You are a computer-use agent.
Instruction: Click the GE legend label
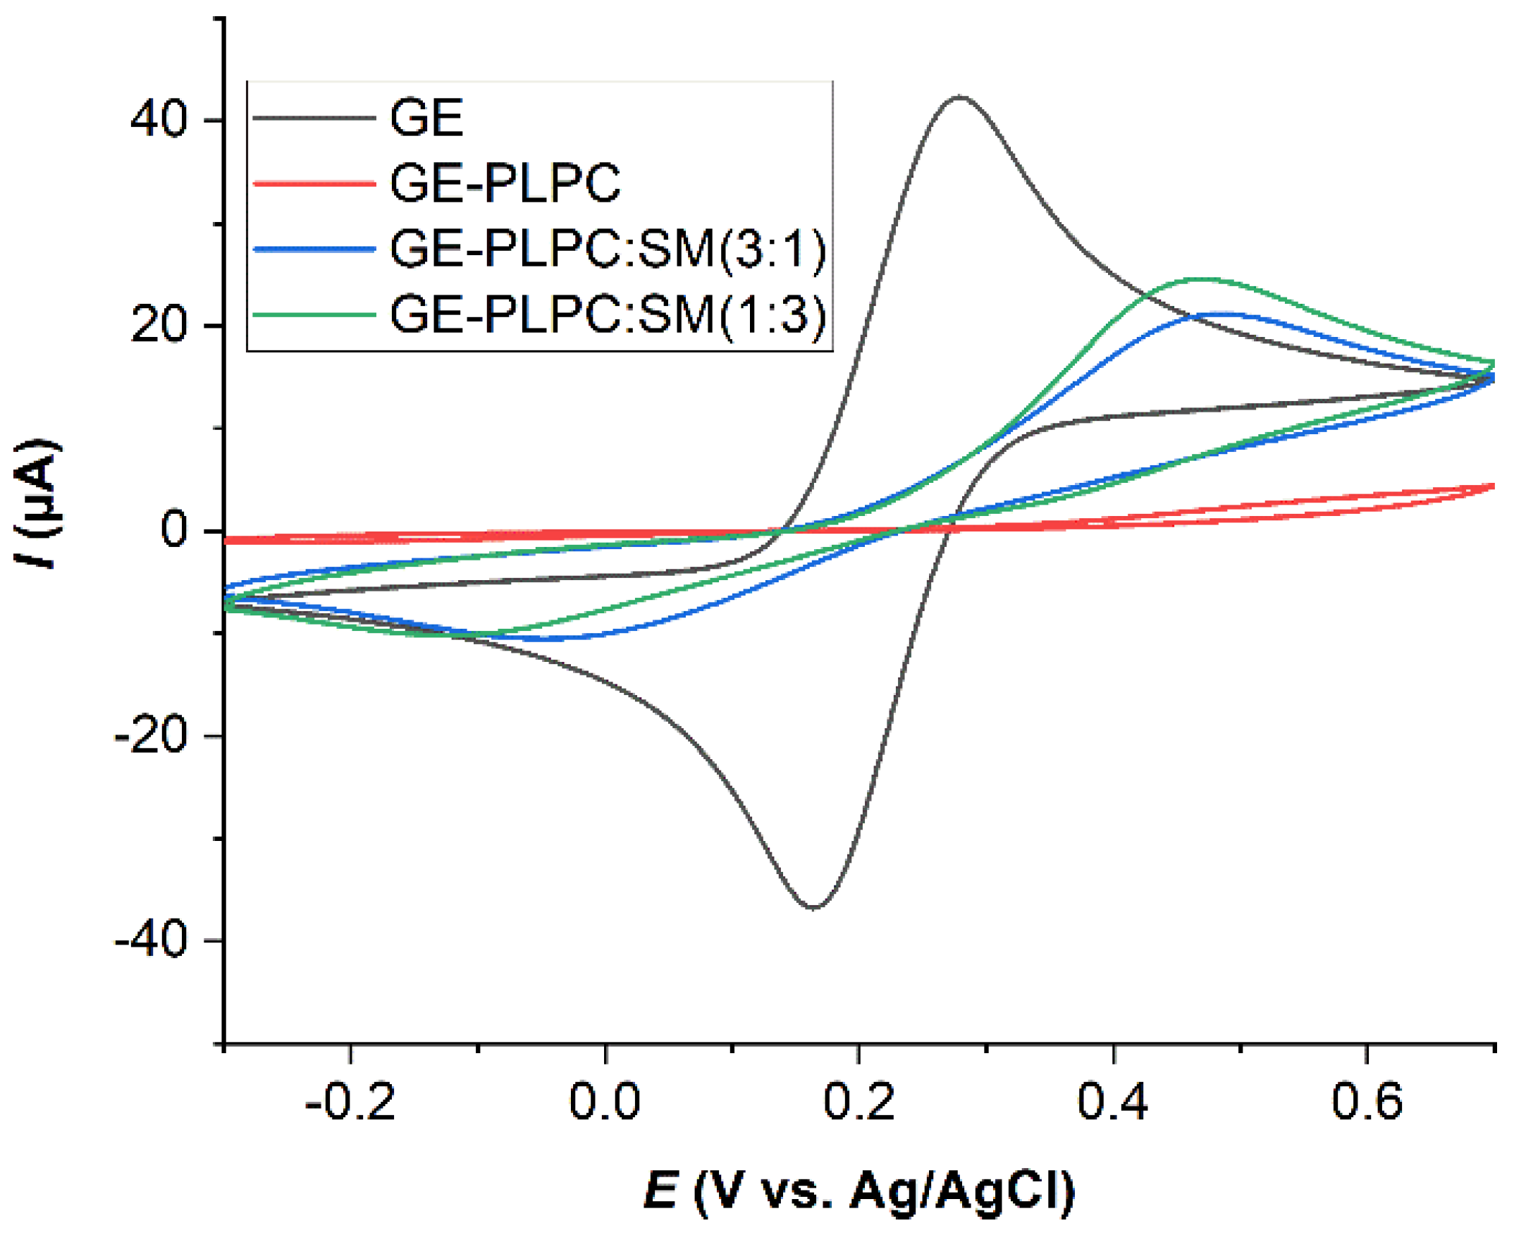(427, 118)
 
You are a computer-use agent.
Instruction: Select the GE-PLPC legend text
(505, 183)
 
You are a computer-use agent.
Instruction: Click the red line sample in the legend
(314, 183)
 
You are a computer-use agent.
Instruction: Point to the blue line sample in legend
(314, 249)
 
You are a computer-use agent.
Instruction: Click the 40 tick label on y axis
(158, 120)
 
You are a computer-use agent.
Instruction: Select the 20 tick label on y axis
(158, 326)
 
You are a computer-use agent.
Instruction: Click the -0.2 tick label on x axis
(350, 1101)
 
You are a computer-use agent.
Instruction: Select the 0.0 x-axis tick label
(605, 1101)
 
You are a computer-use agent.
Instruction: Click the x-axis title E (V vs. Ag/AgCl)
(858, 1190)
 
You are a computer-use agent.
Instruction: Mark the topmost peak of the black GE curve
(960, 97)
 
